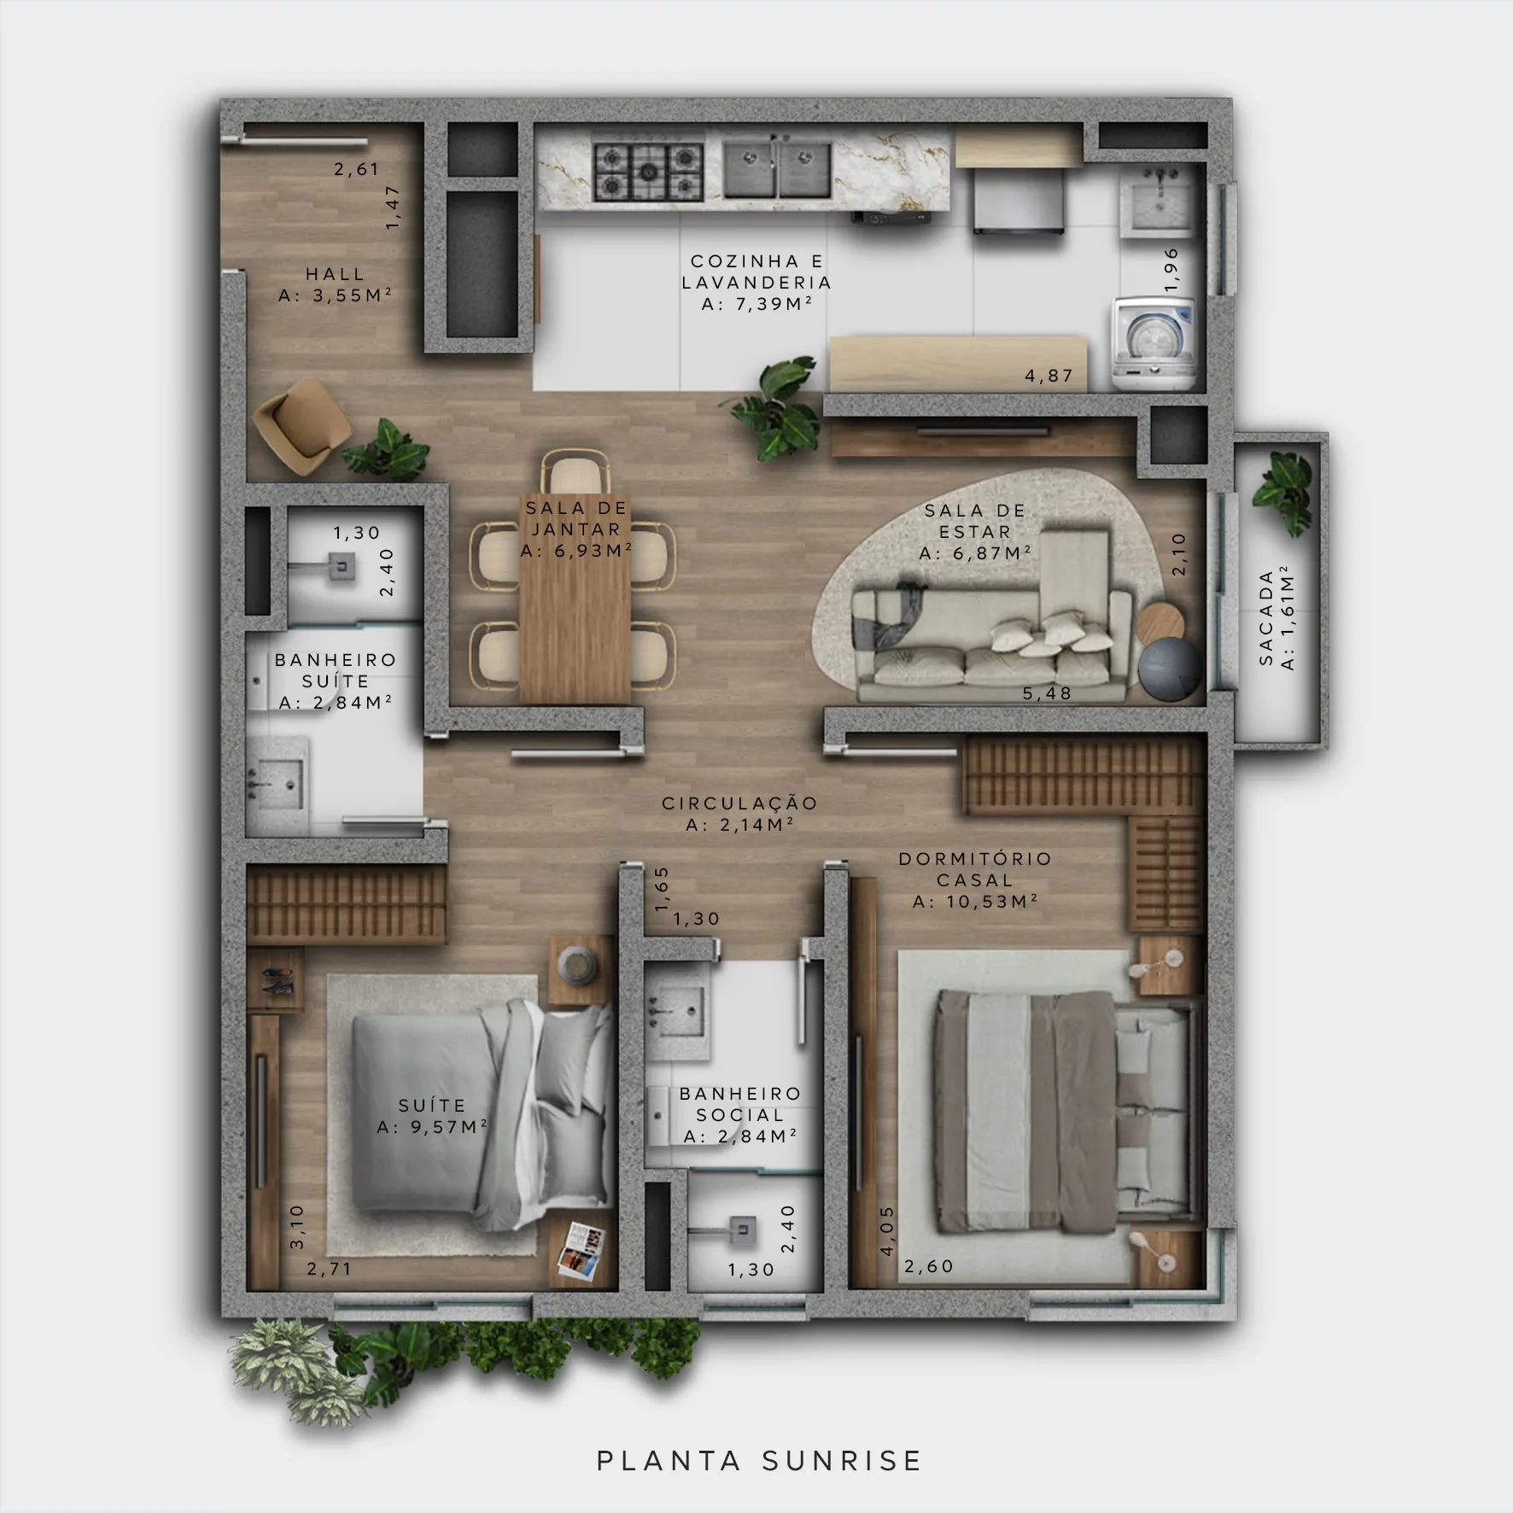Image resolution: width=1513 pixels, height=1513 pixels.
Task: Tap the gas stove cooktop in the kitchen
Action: coord(649,172)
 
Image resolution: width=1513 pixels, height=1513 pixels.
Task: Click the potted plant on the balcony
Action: coord(1284,493)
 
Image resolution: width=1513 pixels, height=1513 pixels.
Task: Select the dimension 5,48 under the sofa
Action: coord(1048,693)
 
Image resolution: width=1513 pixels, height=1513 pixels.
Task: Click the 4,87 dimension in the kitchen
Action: coord(1049,376)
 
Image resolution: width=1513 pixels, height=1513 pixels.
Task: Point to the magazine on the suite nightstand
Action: coord(581,1253)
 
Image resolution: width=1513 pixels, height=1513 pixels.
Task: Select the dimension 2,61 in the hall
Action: coord(357,169)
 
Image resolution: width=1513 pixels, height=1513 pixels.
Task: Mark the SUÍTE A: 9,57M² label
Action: coord(432,1117)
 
